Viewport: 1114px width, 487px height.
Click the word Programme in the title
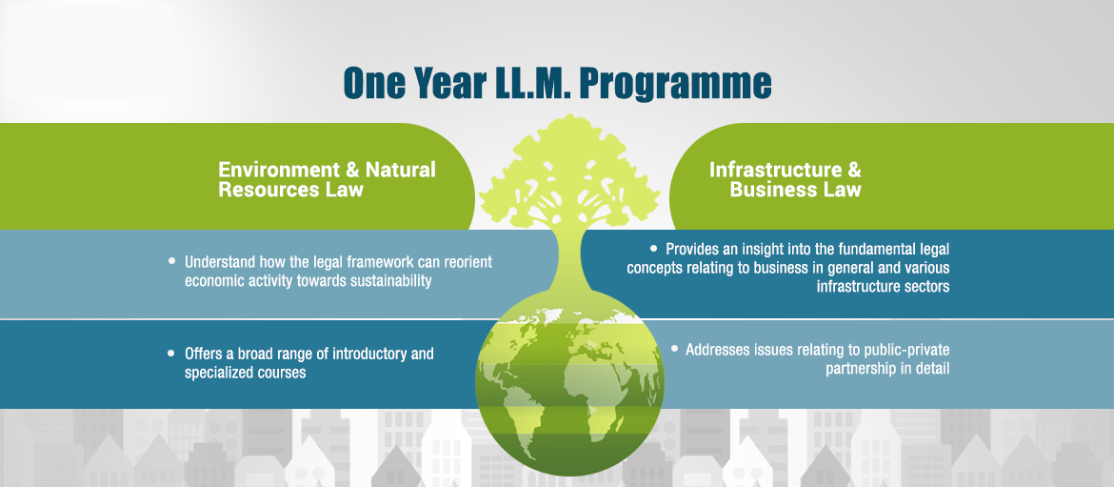tap(675, 84)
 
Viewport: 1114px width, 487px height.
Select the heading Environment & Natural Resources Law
tap(327, 179)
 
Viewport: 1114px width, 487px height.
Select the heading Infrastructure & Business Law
tap(786, 179)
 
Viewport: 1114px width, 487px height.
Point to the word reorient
tap(466, 262)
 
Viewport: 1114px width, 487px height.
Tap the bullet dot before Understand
tap(172, 261)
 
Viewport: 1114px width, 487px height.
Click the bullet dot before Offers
tap(171, 352)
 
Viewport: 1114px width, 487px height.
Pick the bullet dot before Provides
tap(653, 248)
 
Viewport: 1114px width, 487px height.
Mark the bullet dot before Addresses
tap(674, 349)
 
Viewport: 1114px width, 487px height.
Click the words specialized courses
tap(245, 372)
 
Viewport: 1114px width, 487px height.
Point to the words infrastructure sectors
tap(883, 287)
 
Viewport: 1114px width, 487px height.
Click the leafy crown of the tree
tap(569, 171)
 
